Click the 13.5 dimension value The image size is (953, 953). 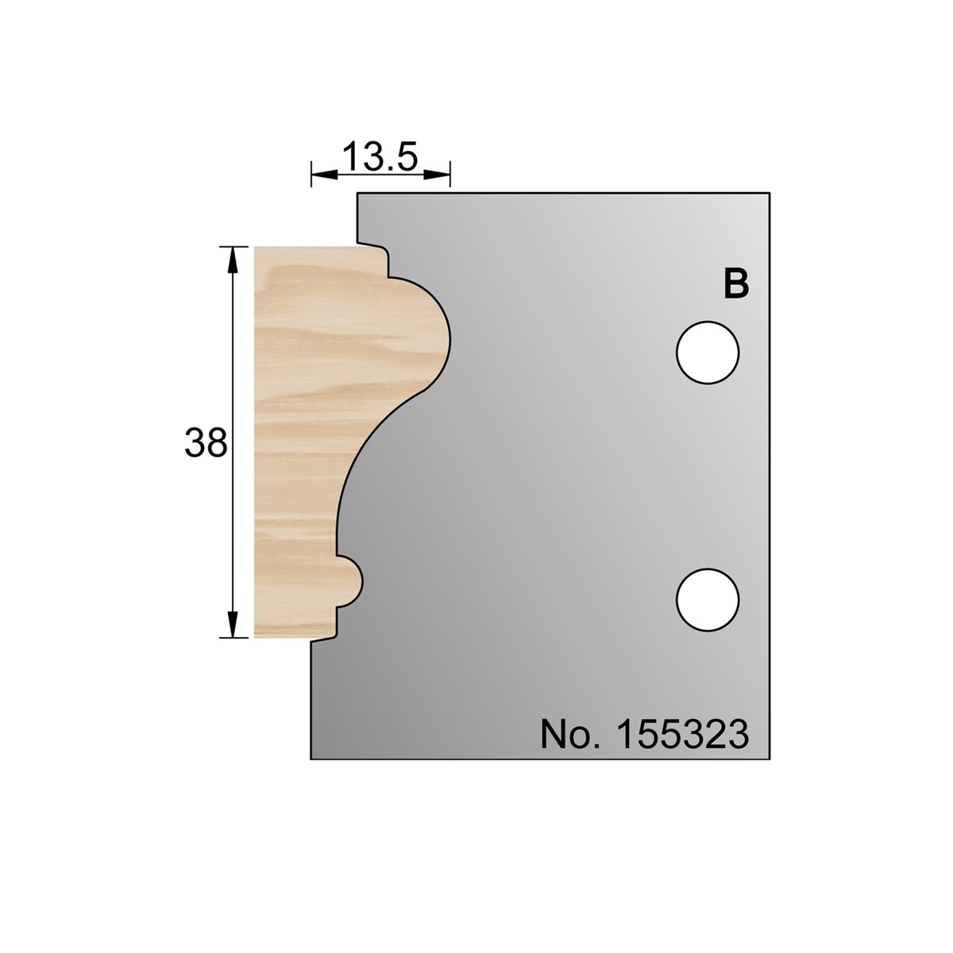380,156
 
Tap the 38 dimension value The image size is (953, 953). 206,442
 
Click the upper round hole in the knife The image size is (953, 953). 708,353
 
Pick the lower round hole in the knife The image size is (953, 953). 708,600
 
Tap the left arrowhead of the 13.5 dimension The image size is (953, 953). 324,174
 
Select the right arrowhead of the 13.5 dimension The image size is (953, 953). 438,174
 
